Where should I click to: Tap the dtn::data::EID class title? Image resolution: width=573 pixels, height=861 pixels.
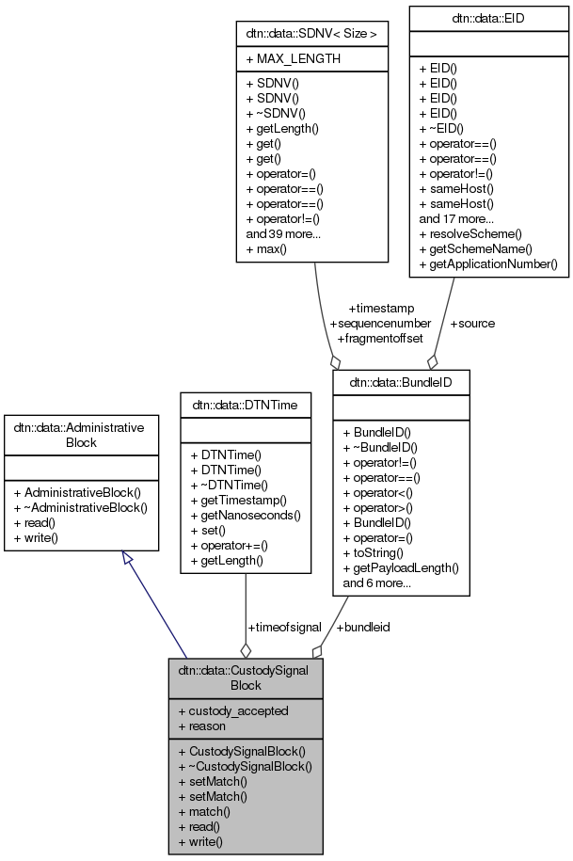coord(487,17)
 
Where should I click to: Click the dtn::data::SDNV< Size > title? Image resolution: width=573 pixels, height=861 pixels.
coord(313,34)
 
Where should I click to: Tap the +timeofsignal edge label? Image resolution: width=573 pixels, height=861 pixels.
coord(284,627)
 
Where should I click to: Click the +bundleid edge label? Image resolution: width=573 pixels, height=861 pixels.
coord(363,627)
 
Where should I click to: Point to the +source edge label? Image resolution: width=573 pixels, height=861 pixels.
coord(472,323)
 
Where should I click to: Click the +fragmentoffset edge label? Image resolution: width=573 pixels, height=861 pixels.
coord(379,337)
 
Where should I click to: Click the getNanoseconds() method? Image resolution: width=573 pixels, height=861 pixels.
coord(245,515)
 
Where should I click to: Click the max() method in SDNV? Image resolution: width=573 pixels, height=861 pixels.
coord(266,249)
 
